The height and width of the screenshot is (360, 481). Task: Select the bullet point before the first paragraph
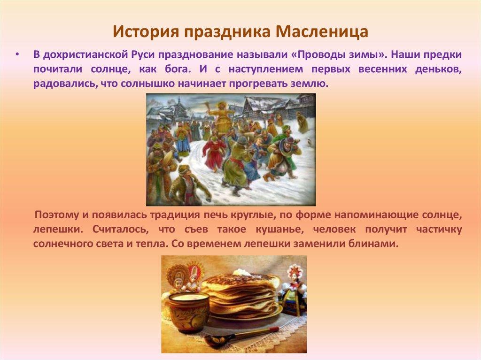pos(17,54)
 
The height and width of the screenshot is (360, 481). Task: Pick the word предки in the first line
pos(441,54)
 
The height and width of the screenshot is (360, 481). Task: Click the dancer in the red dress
pos(214,153)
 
